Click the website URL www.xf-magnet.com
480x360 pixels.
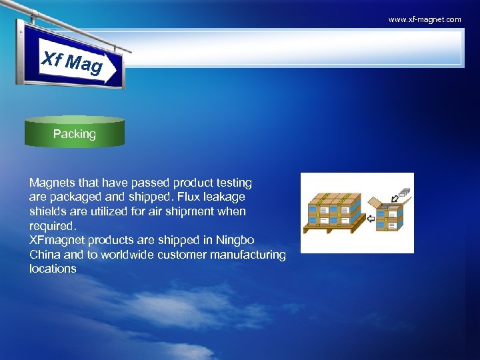tap(425, 19)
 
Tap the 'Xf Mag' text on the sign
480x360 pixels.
tap(72, 61)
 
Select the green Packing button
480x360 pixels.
tap(75, 133)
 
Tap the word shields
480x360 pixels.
tap(47, 211)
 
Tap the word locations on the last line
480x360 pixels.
tap(53, 269)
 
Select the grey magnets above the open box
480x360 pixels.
tap(404, 193)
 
